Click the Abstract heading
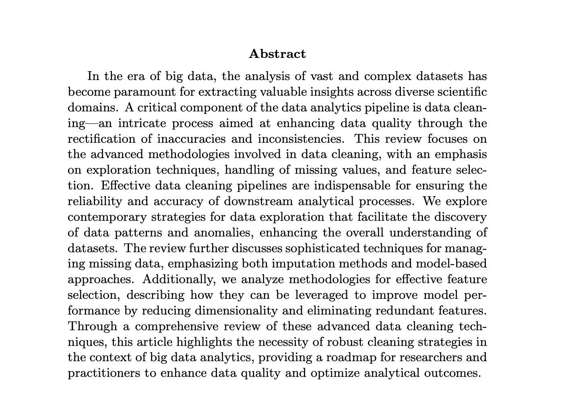click(277, 54)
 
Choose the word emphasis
click(461, 155)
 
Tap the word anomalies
click(225, 233)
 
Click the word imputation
click(304, 264)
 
